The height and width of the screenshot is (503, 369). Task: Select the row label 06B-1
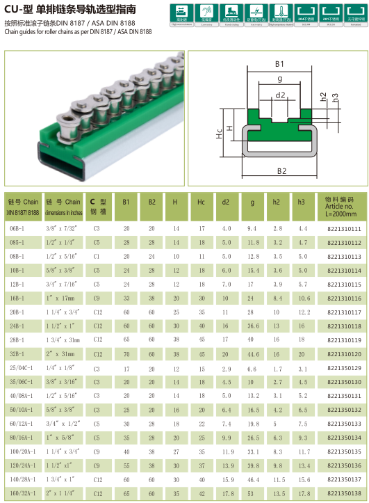tap(16, 228)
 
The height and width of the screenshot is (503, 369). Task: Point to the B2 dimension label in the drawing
tap(281, 170)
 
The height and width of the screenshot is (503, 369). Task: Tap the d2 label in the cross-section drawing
tap(281, 95)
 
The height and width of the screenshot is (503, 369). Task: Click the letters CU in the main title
tap(13, 8)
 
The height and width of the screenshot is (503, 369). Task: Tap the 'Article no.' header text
tap(339, 206)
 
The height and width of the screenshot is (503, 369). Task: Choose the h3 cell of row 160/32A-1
tap(302, 493)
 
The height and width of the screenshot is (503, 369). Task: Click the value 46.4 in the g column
tap(252, 479)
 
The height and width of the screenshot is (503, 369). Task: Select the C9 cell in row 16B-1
tap(97, 298)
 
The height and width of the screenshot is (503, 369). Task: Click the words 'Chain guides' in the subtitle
tap(19, 31)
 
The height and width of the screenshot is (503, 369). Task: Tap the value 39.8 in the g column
tap(252, 465)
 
